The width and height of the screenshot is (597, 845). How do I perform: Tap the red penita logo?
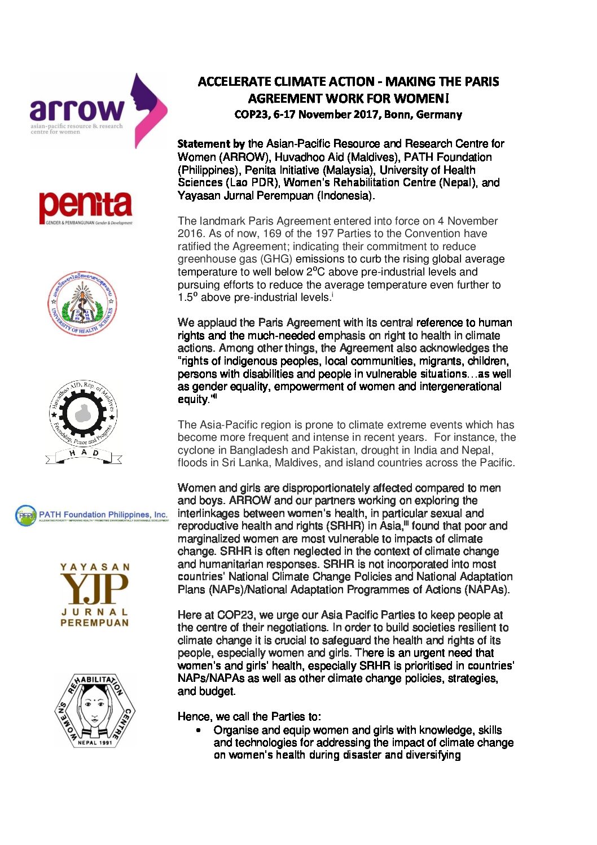[x=86, y=208]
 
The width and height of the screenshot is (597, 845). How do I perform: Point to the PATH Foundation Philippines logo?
[x=91, y=515]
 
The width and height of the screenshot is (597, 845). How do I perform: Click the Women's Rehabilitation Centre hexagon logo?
[x=95, y=710]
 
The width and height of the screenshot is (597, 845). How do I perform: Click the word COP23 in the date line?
[x=251, y=115]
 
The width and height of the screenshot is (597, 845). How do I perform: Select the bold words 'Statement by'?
[x=211, y=144]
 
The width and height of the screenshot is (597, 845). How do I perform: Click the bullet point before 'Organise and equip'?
[x=198, y=731]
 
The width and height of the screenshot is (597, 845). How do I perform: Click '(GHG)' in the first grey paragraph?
[x=274, y=259]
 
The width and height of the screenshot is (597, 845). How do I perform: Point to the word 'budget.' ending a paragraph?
[x=217, y=691]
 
